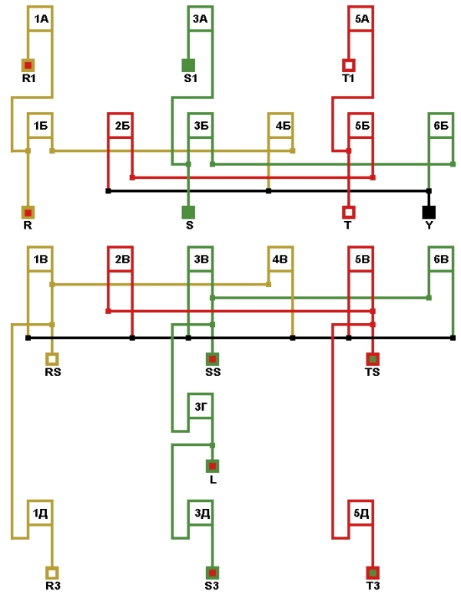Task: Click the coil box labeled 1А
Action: (x=40, y=18)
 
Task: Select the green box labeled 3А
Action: (x=201, y=18)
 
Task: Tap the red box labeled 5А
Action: (x=361, y=18)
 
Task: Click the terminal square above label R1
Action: (x=28, y=65)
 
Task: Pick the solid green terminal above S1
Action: (x=188, y=65)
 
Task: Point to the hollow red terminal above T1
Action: (x=349, y=65)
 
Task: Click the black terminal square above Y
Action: (x=429, y=212)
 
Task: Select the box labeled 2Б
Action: (x=121, y=125)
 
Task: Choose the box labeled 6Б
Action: (x=441, y=125)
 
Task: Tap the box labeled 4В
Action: (x=280, y=259)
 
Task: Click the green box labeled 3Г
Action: (x=201, y=405)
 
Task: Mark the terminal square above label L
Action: (x=213, y=466)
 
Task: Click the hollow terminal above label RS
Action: (x=52, y=358)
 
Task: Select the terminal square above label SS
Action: (x=213, y=358)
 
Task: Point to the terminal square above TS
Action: (x=373, y=358)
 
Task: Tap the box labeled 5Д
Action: (x=361, y=512)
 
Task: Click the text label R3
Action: (x=52, y=586)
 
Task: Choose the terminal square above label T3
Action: (x=373, y=572)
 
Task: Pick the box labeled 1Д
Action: (x=40, y=512)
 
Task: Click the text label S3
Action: (x=213, y=586)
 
